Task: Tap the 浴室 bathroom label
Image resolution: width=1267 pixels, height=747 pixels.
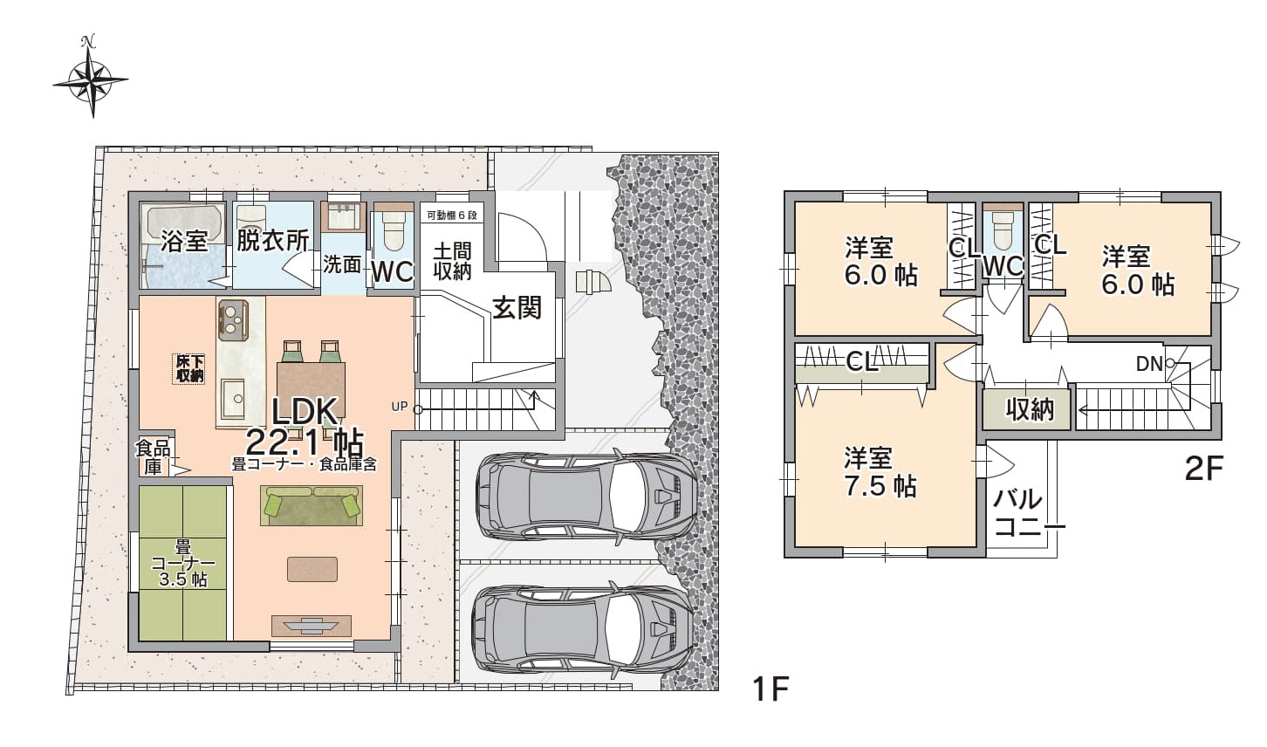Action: pyautogui.click(x=184, y=242)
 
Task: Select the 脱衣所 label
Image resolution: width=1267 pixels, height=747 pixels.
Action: pyautogui.click(x=272, y=242)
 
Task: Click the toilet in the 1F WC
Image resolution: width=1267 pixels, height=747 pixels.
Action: pyautogui.click(x=392, y=232)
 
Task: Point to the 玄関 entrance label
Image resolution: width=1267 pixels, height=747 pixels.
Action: pyautogui.click(x=517, y=308)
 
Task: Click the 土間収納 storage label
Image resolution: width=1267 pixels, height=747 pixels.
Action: pyautogui.click(x=453, y=262)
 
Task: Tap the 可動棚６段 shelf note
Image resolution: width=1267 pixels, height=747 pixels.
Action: pyautogui.click(x=452, y=216)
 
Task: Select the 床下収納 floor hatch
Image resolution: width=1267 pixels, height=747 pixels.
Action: pyautogui.click(x=189, y=369)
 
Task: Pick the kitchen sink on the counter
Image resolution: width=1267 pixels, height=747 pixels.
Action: pyautogui.click(x=233, y=398)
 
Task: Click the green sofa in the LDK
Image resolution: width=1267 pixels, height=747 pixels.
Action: pyautogui.click(x=312, y=505)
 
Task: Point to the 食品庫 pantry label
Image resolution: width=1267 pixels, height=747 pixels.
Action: pyautogui.click(x=153, y=458)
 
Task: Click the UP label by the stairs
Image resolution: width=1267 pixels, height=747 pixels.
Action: pyautogui.click(x=399, y=407)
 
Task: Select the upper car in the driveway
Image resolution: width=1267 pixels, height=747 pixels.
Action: pyautogui.click(x=586, y=497)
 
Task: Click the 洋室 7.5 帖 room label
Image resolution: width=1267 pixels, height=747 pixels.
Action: pyautogui.click(x=880, y=471)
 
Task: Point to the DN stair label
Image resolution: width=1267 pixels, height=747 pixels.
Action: pyautogui.click(x=1149, y=364)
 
